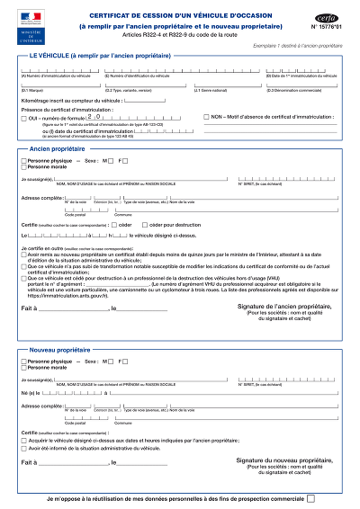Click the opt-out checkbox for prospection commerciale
(310, 497)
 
